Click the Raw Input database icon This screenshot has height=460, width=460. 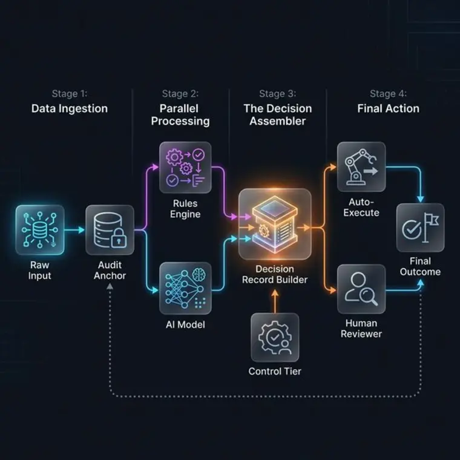(39, 229)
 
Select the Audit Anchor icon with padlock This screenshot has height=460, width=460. (110, 229)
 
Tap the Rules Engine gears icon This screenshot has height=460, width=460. (185, 168)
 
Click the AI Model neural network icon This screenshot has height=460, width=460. (185, 287)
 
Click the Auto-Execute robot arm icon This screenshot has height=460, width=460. (361, 166)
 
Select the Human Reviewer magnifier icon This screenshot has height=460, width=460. (361, 289)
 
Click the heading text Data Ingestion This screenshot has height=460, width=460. (70, 109)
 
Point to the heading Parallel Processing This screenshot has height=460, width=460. (180, 115)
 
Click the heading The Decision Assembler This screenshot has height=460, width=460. (277, 115)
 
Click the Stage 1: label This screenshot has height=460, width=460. (70, 94)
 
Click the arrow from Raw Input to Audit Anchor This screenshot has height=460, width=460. (74, 230)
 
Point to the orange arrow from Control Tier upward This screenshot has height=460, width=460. (275, 301)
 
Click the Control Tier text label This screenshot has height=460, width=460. (275, 372)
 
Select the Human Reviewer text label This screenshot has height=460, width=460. (361, 329)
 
